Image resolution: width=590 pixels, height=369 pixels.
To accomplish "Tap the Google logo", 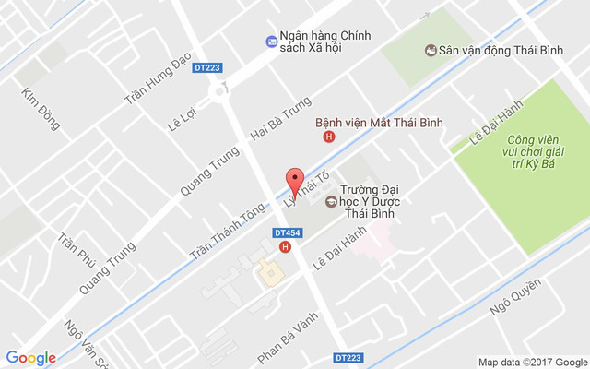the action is [x=31, y=358].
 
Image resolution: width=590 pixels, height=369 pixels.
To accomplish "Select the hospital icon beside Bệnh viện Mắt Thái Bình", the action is [x=328, y=137].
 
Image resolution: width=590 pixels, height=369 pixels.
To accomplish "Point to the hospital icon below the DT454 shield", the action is [x=286, y=247].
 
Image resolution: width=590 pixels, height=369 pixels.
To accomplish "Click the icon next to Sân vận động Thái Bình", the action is [x=430, y=51].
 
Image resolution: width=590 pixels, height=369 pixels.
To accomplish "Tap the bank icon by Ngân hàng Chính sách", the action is [x=271, y=42].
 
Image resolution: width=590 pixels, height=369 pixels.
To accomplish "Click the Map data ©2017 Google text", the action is [x=532, y=362].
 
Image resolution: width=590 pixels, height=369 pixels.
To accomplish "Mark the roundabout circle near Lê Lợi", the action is [x=219, y=90].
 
